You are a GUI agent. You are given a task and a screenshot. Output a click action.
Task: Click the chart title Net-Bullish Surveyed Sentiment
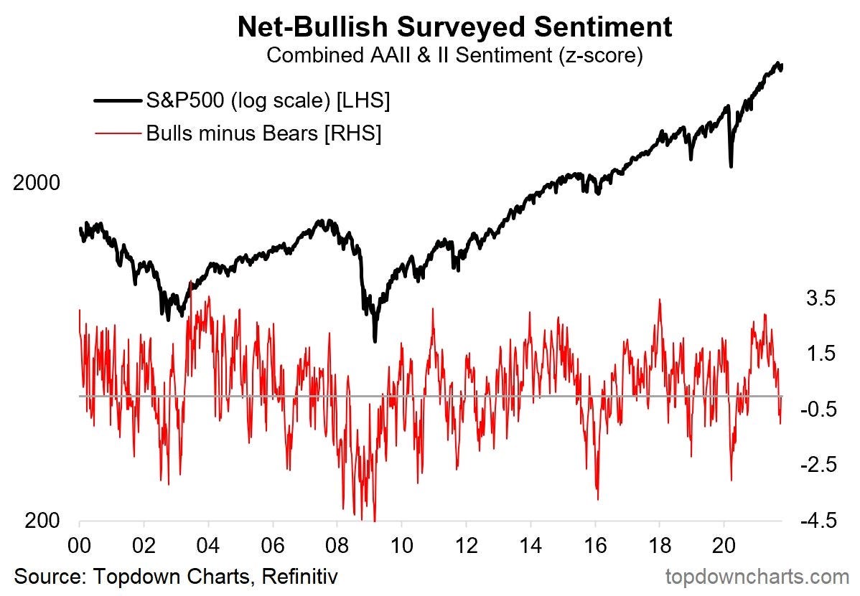pyautogui.click(x=454, y=27)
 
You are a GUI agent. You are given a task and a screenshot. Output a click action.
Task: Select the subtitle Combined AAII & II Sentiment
pyautogui.click(x=454, y=55)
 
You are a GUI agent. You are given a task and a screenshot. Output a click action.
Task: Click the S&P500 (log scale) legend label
pyautogui.click(x=268, y=101)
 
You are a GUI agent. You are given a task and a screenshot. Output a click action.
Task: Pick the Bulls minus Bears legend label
pyautogui.click(x=263, y=133)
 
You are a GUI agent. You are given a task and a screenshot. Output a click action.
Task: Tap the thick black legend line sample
pyautogui.click(x=118, y=102)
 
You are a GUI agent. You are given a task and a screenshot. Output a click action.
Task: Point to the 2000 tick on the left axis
pyautogui.click(x=36, y=184)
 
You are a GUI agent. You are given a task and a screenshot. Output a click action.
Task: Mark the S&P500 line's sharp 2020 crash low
pyautogui.click(x=731, y=166)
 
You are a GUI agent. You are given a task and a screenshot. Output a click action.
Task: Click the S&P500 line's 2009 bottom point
pyautogui.click(x=375, y=340)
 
